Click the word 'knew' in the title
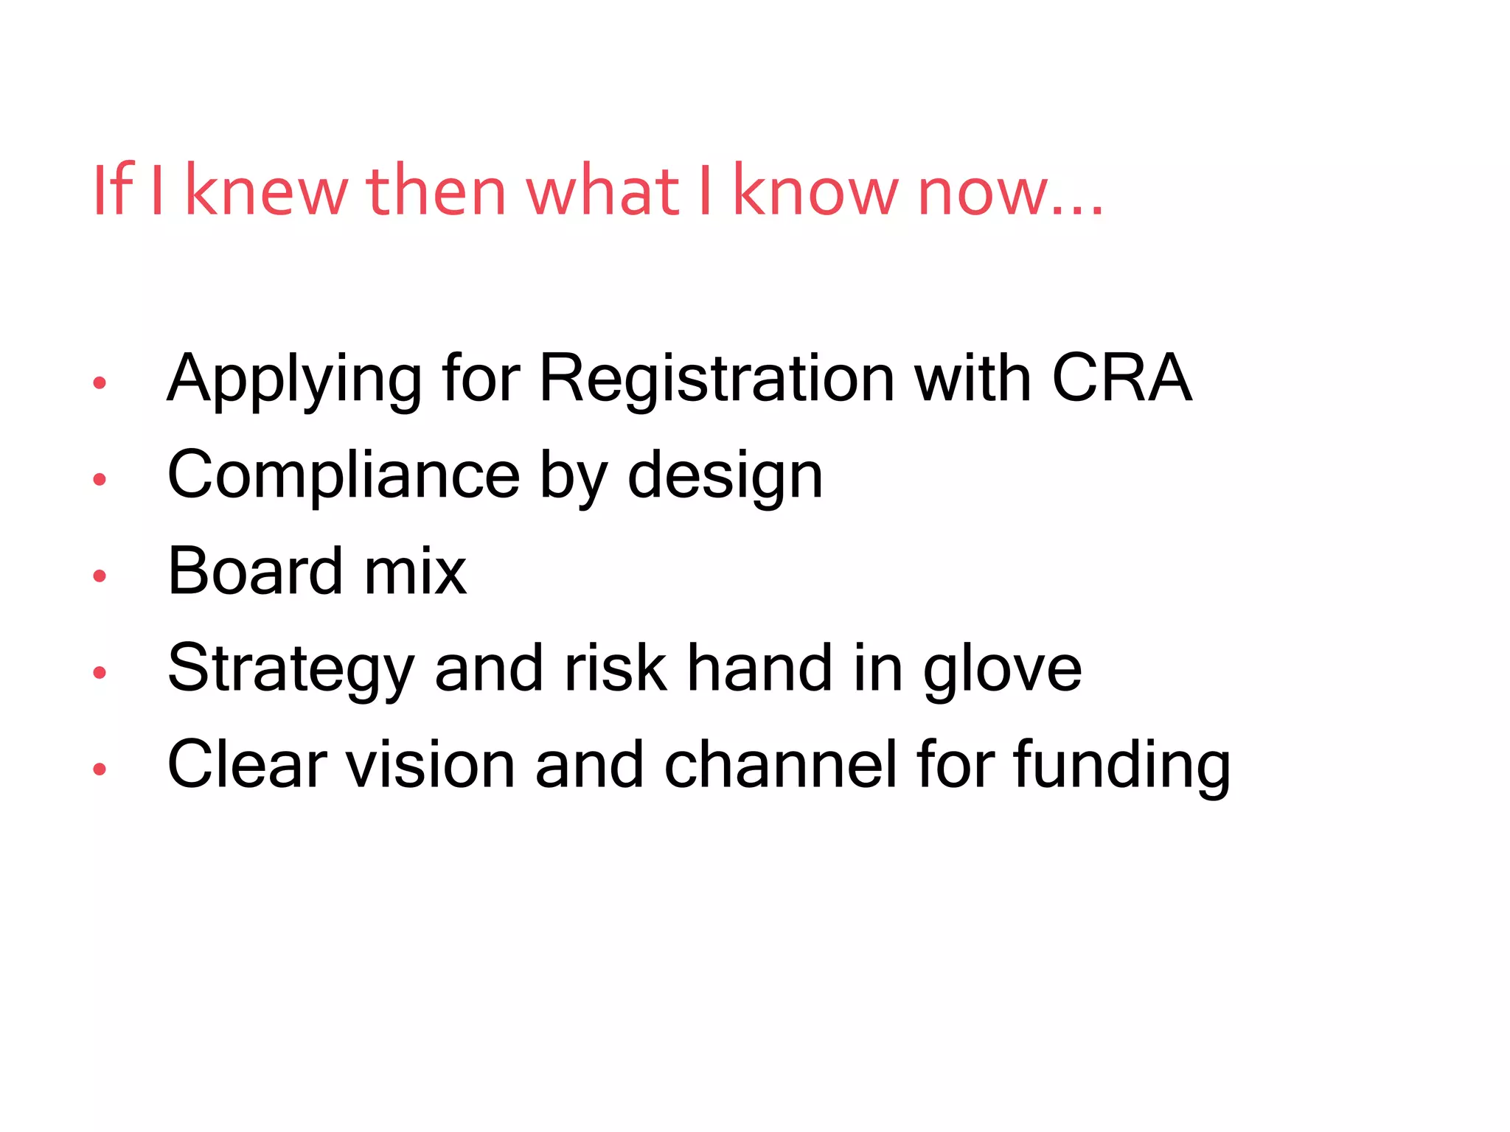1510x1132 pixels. coord(265,192)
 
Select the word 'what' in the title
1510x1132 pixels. coord(602,192)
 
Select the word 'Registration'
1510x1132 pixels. coord(717,380)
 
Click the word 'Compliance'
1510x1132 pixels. coord(344,477)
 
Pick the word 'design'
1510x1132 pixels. coord(725,478)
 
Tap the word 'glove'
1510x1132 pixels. coord(1003,669)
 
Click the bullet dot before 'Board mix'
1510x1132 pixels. coord(100,576)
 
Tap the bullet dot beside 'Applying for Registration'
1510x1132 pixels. coord(100,382)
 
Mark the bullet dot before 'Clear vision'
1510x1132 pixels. coord(100,769)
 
